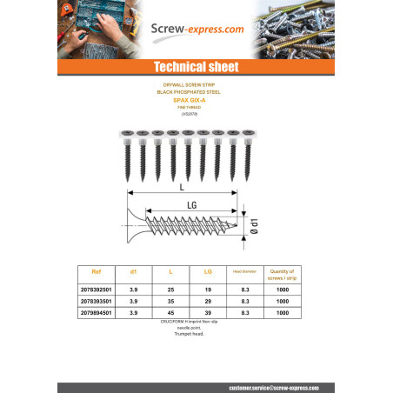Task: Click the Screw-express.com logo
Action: tap(196, 29)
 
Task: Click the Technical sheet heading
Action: tap(196, 67)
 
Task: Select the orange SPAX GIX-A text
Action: tap(196, 101)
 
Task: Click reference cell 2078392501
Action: tap(97, 288)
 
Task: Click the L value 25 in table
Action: tap(171, 288)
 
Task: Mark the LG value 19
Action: tap(209, 288)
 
